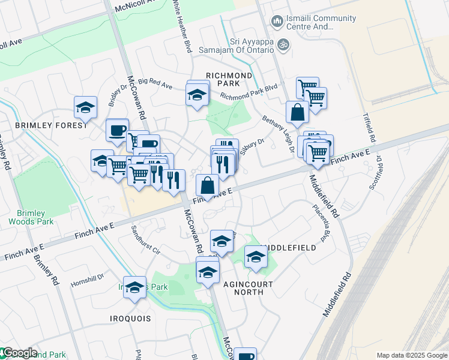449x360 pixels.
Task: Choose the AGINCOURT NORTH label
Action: (x=249, y=288)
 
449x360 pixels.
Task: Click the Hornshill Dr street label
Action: (x=87, y=280)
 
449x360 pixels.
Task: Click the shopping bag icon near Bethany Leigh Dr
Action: (x=297, y=111)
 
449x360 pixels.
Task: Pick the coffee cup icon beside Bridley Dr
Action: (x=117, y=129)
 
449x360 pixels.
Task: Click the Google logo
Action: (x=19, y=353)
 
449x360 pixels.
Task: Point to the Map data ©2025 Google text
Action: (x=411, y=355)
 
